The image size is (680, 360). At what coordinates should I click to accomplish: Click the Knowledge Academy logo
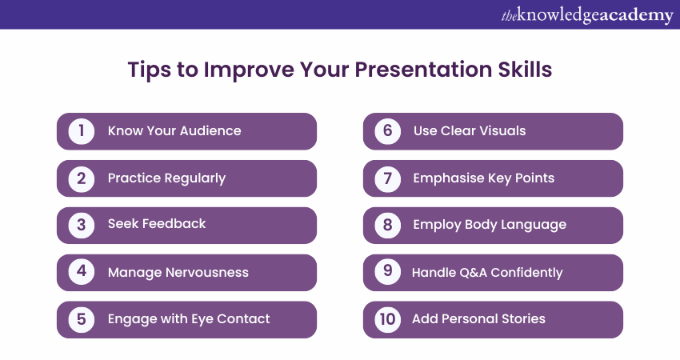click(x=587, y=16)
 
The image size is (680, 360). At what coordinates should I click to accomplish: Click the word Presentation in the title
click(x=423, y=70)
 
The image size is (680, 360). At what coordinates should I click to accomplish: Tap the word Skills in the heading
click(x=525, y=70)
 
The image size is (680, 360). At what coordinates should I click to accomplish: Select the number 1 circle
click(x=81, y=131)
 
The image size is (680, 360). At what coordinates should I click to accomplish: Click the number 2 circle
click(x=81, y=178)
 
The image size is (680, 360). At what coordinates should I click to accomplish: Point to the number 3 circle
click(x=81, y=225)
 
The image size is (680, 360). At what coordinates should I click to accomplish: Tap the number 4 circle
click(x=81, y=272)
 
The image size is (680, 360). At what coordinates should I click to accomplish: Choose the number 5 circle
click(x=81, y=320)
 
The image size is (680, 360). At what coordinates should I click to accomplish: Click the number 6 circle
click(x=387, y=131)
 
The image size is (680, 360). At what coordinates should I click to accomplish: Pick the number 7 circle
click(x=387, y=178)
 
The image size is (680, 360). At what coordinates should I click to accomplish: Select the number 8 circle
click(x=387, y=225)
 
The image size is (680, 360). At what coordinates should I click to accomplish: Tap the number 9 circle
click(x=387, y=272)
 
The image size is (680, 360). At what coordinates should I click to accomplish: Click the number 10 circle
click(x=387, y=320)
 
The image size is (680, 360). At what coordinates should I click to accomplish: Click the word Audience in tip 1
click(x=210, y=130)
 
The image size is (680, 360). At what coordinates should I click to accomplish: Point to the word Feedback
click(x=174, y=223)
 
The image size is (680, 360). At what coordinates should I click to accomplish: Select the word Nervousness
click(x=207, y=272)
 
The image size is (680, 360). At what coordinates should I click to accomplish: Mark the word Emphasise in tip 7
click(x=449, y=178)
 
